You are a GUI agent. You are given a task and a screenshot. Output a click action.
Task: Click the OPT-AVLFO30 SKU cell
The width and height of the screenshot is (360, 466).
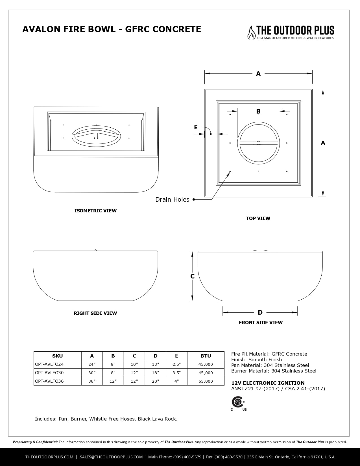pyautogui.click(x=49, y=373)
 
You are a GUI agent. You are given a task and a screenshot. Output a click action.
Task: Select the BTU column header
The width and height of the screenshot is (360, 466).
pyautogui.click(x=206, y=356)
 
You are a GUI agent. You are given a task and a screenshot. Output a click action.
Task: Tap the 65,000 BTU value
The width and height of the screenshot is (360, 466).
pyautogui.click(x=206, y=381)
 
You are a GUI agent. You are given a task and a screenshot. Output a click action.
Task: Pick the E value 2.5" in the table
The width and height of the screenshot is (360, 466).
pyautogui.click(x=176, y=364)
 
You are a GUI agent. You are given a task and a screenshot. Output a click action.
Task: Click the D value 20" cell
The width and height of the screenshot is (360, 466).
pyautogui.click(x=155, y=381)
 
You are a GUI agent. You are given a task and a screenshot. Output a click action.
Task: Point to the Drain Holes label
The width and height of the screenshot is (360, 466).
pyautogui.click(x=172, y=200)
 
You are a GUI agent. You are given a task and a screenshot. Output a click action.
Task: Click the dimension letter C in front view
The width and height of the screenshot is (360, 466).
pyautogui.click(x=193, y=276)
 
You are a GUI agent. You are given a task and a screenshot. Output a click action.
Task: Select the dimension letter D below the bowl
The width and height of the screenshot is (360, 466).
pyautogui.click(x=260, y=312)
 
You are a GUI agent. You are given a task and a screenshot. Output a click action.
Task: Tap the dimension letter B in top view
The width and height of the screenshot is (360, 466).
pyautogui.click(x=258, y=112)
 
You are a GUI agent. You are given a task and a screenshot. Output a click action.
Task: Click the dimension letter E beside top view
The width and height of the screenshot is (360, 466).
pyautogui.click(x=196, y=128)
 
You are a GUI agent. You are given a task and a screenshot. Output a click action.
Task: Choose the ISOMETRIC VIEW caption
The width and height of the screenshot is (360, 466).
pyautogui.click(x=95, y=211)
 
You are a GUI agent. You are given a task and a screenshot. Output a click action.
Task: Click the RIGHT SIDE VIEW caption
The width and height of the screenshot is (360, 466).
pyautogui.click(x=95, y=313)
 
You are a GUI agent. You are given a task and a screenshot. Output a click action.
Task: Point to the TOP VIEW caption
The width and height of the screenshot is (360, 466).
pyautogui.click(x=258, y=218)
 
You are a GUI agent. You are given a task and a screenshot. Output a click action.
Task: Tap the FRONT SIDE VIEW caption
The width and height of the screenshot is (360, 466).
pyautogui.click(x=261, y=323)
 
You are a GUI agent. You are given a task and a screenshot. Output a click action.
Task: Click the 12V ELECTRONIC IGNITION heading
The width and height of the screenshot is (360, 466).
pyautogui.click(x=268, y=383)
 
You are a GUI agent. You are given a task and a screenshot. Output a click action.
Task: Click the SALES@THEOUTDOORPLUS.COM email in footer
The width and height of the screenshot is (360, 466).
pyautogui.click(x=111, y=457)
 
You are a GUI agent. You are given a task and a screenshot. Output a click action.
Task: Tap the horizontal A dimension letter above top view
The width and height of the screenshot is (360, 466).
pyautogui.click(x=258, y=74)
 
